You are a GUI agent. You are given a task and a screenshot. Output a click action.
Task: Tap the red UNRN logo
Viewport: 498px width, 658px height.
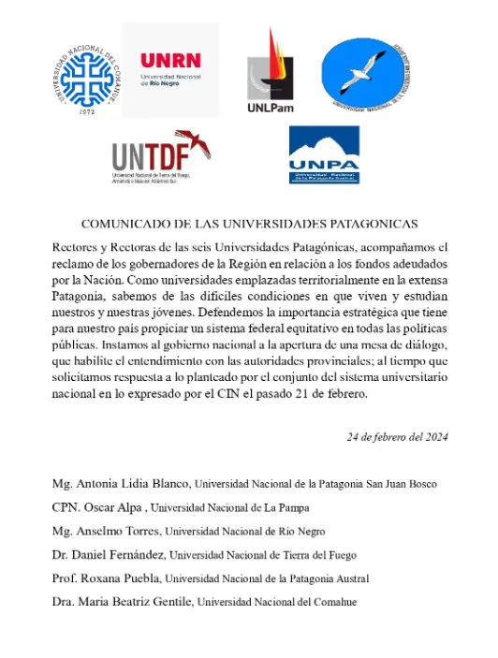tap(171, 66)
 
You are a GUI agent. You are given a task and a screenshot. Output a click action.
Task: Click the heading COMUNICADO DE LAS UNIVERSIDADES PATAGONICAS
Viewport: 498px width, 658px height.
tap(249, 225)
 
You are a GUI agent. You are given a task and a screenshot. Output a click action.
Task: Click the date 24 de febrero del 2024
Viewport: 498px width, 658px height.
tap(397, 436)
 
